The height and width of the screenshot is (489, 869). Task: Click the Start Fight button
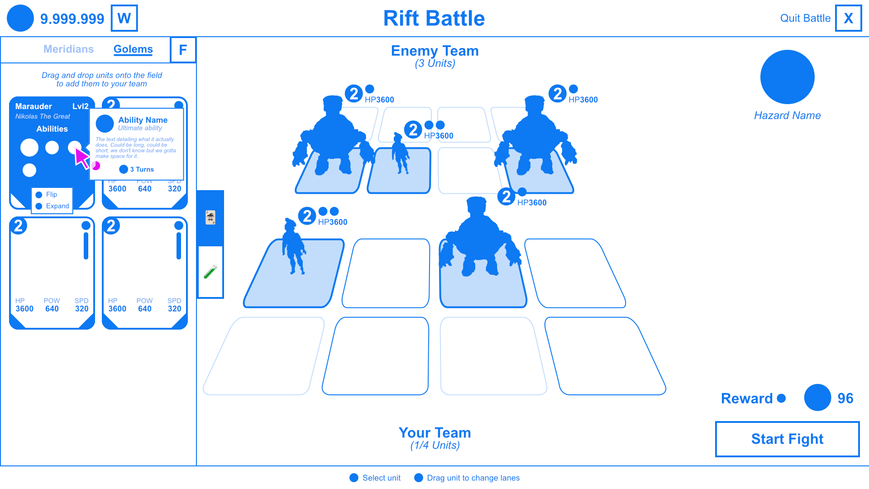coord(787,439)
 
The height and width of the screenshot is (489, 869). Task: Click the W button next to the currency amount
coord(124,18)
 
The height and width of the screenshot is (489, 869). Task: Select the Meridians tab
coord(68,49)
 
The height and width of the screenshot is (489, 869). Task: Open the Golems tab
coord(133,49)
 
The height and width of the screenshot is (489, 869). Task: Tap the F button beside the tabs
coord(183,50)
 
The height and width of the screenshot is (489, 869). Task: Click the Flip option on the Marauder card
coord(51,194)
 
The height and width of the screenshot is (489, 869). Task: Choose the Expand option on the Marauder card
coord(57,206)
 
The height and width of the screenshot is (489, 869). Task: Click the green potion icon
coord(210,272)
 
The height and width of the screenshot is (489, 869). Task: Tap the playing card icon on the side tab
coord(210,218)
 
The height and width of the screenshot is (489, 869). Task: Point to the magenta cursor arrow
coord(81,158)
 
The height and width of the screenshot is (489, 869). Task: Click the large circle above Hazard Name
coord(787,77)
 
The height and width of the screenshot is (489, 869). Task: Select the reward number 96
coord(845,398)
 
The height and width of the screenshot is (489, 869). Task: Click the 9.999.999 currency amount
coord(72,19)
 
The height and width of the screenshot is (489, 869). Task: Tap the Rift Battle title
coord(434,19)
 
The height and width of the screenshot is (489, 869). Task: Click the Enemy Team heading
coord(434,51)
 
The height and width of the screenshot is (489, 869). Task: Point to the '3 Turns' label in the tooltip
coord(142,169)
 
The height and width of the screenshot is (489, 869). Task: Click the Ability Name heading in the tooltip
coord(143,120)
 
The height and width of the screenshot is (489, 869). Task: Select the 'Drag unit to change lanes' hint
coord(473,478)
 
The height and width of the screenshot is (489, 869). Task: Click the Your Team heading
coord(434,433)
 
